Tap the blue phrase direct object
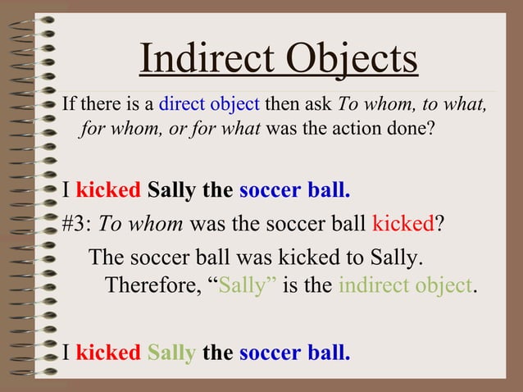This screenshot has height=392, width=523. [209, 106]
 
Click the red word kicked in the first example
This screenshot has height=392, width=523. [108, 190]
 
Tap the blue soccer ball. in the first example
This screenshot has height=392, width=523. [294, 190]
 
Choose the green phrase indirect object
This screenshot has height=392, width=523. [405, 286]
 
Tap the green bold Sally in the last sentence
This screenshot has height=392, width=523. [171, 353]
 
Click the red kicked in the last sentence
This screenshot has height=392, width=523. [108, 353]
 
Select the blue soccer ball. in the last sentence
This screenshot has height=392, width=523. [294, 353]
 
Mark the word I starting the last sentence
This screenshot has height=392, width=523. [66, 353]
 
